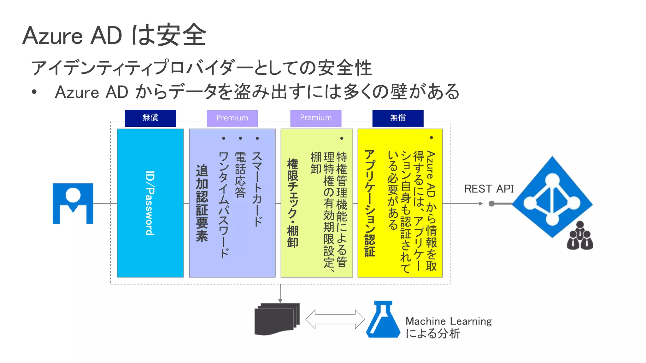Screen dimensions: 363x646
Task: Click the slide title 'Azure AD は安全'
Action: pyautogui.click(x=114, y=35)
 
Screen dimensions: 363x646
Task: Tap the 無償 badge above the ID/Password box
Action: pyautogui.click(x=150, y=118)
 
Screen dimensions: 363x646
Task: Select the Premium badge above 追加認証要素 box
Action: pyautogui.click(x=232, y=118)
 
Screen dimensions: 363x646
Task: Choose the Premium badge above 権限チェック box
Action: pyautogui.click(x=316, y=118)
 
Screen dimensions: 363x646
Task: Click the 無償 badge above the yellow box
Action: pyautogui.click(x=398, y=118)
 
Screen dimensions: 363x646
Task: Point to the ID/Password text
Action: pyautogui.click(x=150, y=203)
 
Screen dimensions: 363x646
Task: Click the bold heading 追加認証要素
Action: pyautogui.click(x=202, y=203)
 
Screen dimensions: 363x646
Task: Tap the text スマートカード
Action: pyautogui.click(x=257, y=189)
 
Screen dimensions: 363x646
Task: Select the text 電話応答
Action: pyautogui.click(x=240, y=175)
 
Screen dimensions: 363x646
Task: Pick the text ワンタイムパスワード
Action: pyautogui.click(x=224, y=205)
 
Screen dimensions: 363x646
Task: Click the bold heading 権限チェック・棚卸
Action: pyautogui.click(x=293, y=203)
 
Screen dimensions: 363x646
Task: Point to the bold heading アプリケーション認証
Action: pyautogui.click(x=370, y=203)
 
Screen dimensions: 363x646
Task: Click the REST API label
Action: pyautogui.click(x=489, y=189)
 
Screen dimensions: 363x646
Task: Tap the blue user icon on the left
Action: pyautogui.click(x=73, y=203)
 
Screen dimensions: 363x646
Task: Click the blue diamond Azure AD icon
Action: pyautogui.click(x=552, y=197)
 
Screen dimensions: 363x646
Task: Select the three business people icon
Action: pyautogui.click(x=580, y=236)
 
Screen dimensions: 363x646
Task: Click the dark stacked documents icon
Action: pyautogui.click(x=277, y=319)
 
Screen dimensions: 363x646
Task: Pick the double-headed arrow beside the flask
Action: pyautogui.click(x=335, y=319)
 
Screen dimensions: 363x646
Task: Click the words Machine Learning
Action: pyautogui.click(x=448, y=321)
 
